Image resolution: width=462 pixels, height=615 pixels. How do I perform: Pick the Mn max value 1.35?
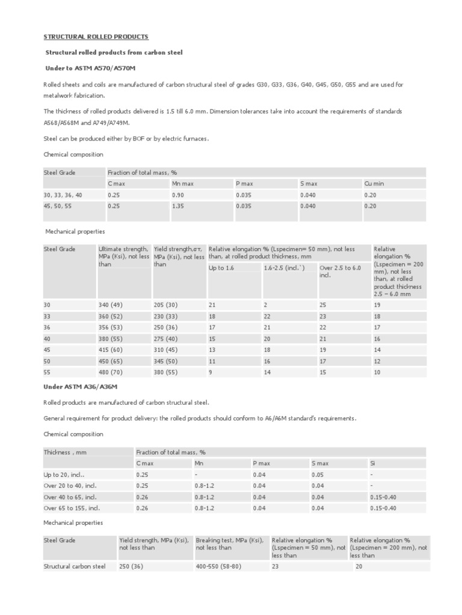pos(177,206)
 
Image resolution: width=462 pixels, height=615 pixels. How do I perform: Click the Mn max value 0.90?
pos(177,195)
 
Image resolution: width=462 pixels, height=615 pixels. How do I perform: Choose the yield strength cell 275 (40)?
pos(166,339)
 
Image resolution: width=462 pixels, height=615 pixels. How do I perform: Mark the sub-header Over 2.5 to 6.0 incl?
pos(339,271)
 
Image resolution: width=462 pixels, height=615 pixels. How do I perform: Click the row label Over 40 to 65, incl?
pos(70,497)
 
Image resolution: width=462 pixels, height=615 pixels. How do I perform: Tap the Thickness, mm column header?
pos(66,452)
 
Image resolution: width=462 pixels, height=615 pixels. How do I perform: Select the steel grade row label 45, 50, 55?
pos(58,206)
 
